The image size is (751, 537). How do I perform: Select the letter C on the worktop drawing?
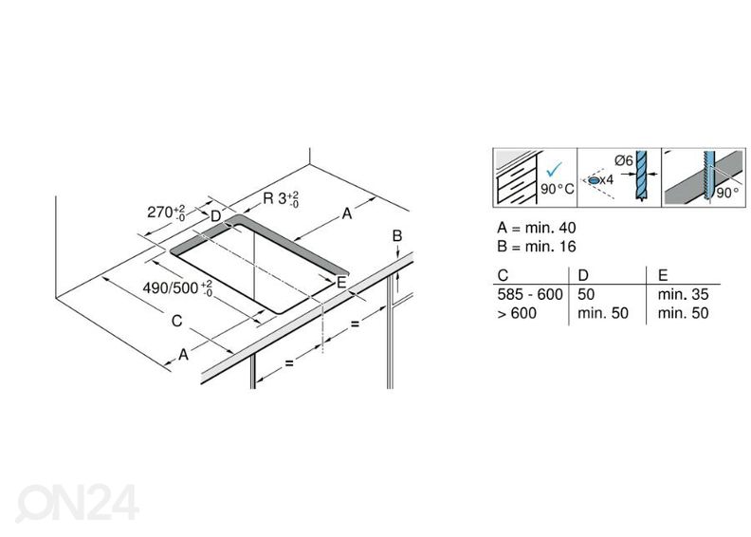pos(176,321)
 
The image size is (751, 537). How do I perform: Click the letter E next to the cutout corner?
pos(340,281)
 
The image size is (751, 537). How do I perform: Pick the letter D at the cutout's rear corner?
pos(215,216)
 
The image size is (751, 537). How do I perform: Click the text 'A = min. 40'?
pos(536,228)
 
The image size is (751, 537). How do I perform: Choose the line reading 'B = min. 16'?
pos(536,246)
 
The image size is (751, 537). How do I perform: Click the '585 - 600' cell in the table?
pos(529,295)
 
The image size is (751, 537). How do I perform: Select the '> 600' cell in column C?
pos(516,313)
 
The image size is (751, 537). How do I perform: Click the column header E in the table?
pos(662,275)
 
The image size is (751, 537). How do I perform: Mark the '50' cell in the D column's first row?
pos(586,295)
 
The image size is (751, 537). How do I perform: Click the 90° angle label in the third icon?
pos(727,192)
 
